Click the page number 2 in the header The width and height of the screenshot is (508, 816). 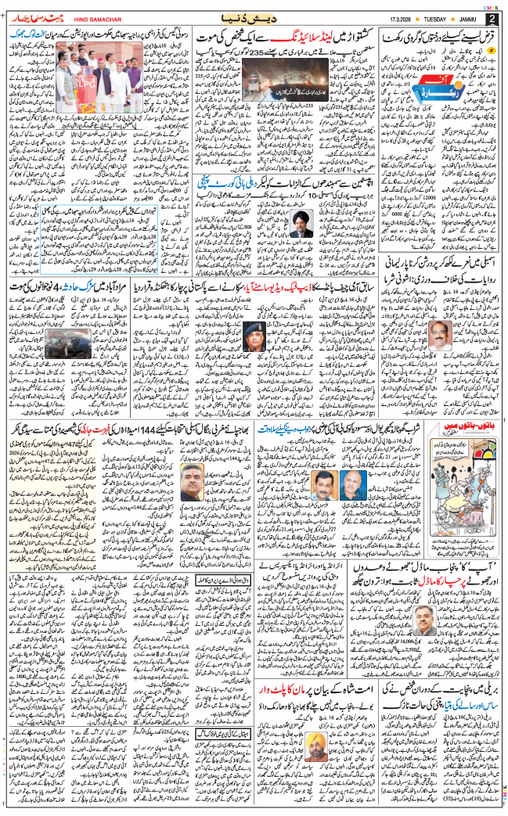(x=491, y=18)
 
